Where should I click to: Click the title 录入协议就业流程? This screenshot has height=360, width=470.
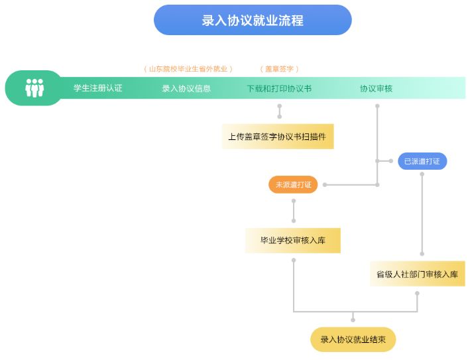(x=253, y=20)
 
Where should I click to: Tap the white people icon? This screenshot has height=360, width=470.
(x=34, y=88)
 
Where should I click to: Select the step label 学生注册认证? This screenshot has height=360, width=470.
(x=98, y=88)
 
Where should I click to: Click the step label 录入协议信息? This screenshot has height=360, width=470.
(x=186, y=88)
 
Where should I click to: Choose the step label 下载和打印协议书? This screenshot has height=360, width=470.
(x=279, y=88)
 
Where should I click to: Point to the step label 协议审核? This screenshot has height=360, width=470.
(x=376, y=88)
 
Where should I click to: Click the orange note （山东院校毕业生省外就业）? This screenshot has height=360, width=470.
(x=188, y=69)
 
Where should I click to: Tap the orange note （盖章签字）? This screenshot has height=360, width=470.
(x=279, y=69)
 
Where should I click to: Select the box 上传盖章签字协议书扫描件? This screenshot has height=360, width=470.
(x=277, y=137)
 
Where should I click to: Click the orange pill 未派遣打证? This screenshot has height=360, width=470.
(x=293, y=185)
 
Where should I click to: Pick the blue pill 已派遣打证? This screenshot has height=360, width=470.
(x=422, y=161)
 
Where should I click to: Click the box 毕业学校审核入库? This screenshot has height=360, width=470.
(x=293, y=241)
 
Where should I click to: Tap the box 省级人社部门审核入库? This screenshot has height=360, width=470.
(x=417, y=274)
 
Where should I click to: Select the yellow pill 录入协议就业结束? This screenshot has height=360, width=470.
(x=353, y=339)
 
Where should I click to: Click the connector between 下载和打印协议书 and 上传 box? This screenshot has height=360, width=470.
(x=279, y=111)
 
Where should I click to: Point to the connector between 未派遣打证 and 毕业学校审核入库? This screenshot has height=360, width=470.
(x=294, y=211)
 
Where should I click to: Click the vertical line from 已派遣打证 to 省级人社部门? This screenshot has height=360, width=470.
(x=422, y=212)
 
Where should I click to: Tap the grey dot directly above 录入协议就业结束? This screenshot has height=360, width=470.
(x=353, y=320)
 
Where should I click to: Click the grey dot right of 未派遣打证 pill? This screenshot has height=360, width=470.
(x=325, y=185)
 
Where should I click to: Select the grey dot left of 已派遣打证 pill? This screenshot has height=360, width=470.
(x=391, y=161)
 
